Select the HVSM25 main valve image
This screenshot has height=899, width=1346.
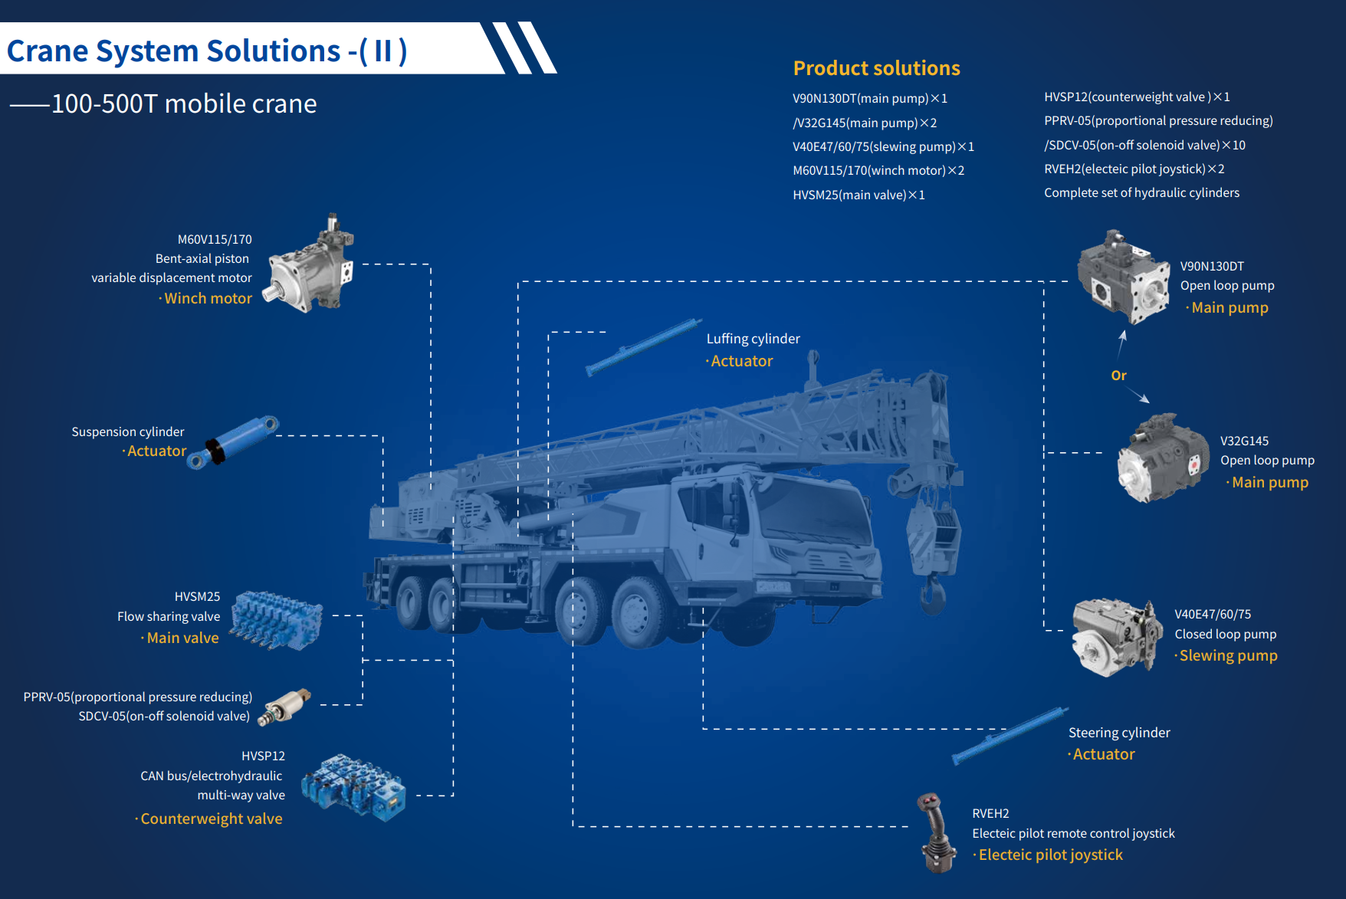click(277, 619)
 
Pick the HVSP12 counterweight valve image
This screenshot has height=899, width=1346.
click(353, 787)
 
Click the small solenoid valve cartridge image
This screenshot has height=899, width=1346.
click(284, 706)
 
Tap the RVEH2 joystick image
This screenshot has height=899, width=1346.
click(937, 833)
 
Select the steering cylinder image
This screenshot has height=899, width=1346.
click(1009, 736)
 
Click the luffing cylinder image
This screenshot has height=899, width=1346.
click(643, 347)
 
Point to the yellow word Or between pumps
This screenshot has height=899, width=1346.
click(1119, 376)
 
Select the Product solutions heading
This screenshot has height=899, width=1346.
click(876, 68)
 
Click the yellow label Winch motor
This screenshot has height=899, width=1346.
click(208, 299)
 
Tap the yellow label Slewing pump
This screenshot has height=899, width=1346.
click(1228, 656)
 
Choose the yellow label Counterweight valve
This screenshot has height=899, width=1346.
click(211, 819)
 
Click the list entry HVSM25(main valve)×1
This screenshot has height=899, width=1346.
click(858, 195)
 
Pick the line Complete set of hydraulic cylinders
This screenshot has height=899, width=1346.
click(1141, 193)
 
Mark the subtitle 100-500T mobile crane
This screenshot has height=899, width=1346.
click(184, 104)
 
